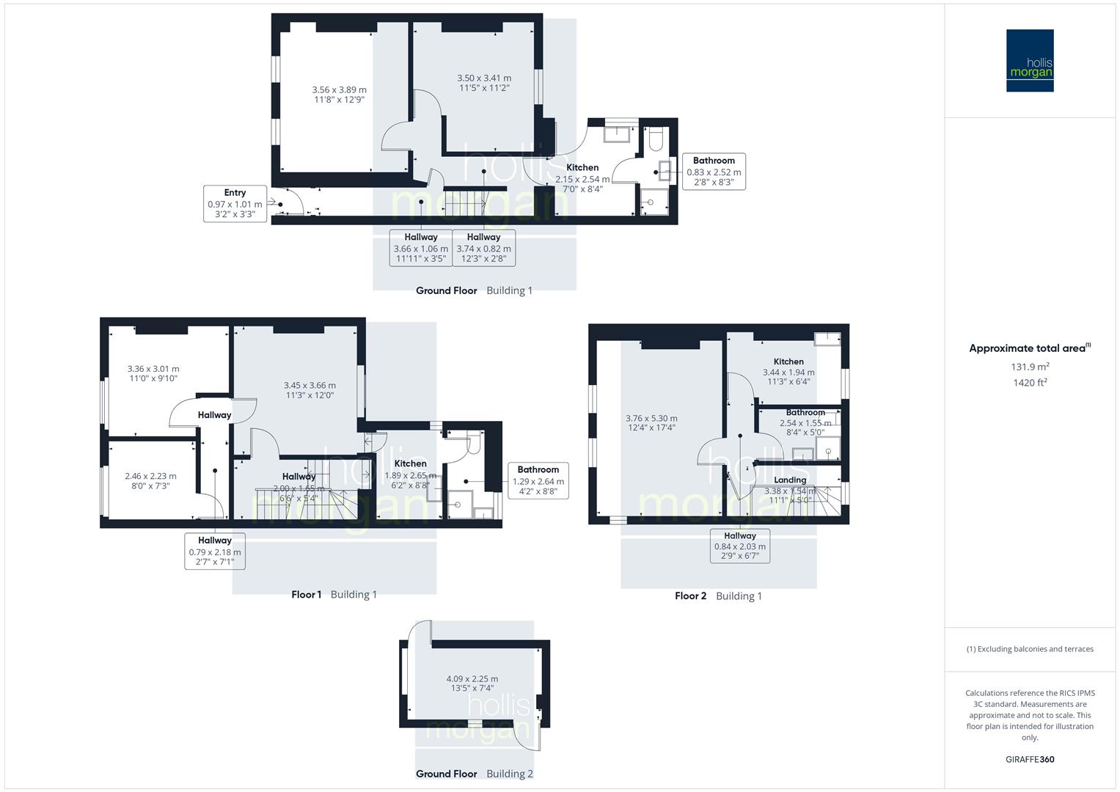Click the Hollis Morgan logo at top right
pyautogui.click(x=1029, y=60)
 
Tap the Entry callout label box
pyautogui.click(x=235, y=204)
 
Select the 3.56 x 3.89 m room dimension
pyautogui.click(x=339, y=95)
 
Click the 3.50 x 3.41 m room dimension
pyautogui.click(x=484, y=83)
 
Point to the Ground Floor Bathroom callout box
pyautogui.click(x=714, y=172)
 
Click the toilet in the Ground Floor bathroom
pyautogui.click(x=656, y=137)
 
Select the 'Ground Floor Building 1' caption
pyautogui.click(x=474, y=290)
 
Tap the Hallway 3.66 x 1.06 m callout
pyautogui.click(x=420, y=248)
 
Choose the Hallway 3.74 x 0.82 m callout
pyautogui.click(x=483, y=248)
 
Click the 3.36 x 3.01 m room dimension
pyautogui.click(x=153, y=373)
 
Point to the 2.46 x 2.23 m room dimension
pyautogui.click(x=150, y=480)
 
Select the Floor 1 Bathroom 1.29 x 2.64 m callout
pyautogui.click(x=538, y=480)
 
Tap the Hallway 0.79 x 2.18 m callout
pyautogui.click(x=214, y=551)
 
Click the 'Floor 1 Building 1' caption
pyautogui.click(x=334, y=595)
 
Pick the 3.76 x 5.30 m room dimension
pyautogui.click(x=651, y=422)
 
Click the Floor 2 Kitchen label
pyautogui.click(x=788, y=362)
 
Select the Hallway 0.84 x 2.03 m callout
pyautogui.click(x=739, y=546)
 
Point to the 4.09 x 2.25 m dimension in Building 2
pyautogui.click(x=472, y=683)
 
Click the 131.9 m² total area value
pyautogui.click(x=1030, y=367)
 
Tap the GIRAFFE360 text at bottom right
pyautogui.click(x=1030, y=760)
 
